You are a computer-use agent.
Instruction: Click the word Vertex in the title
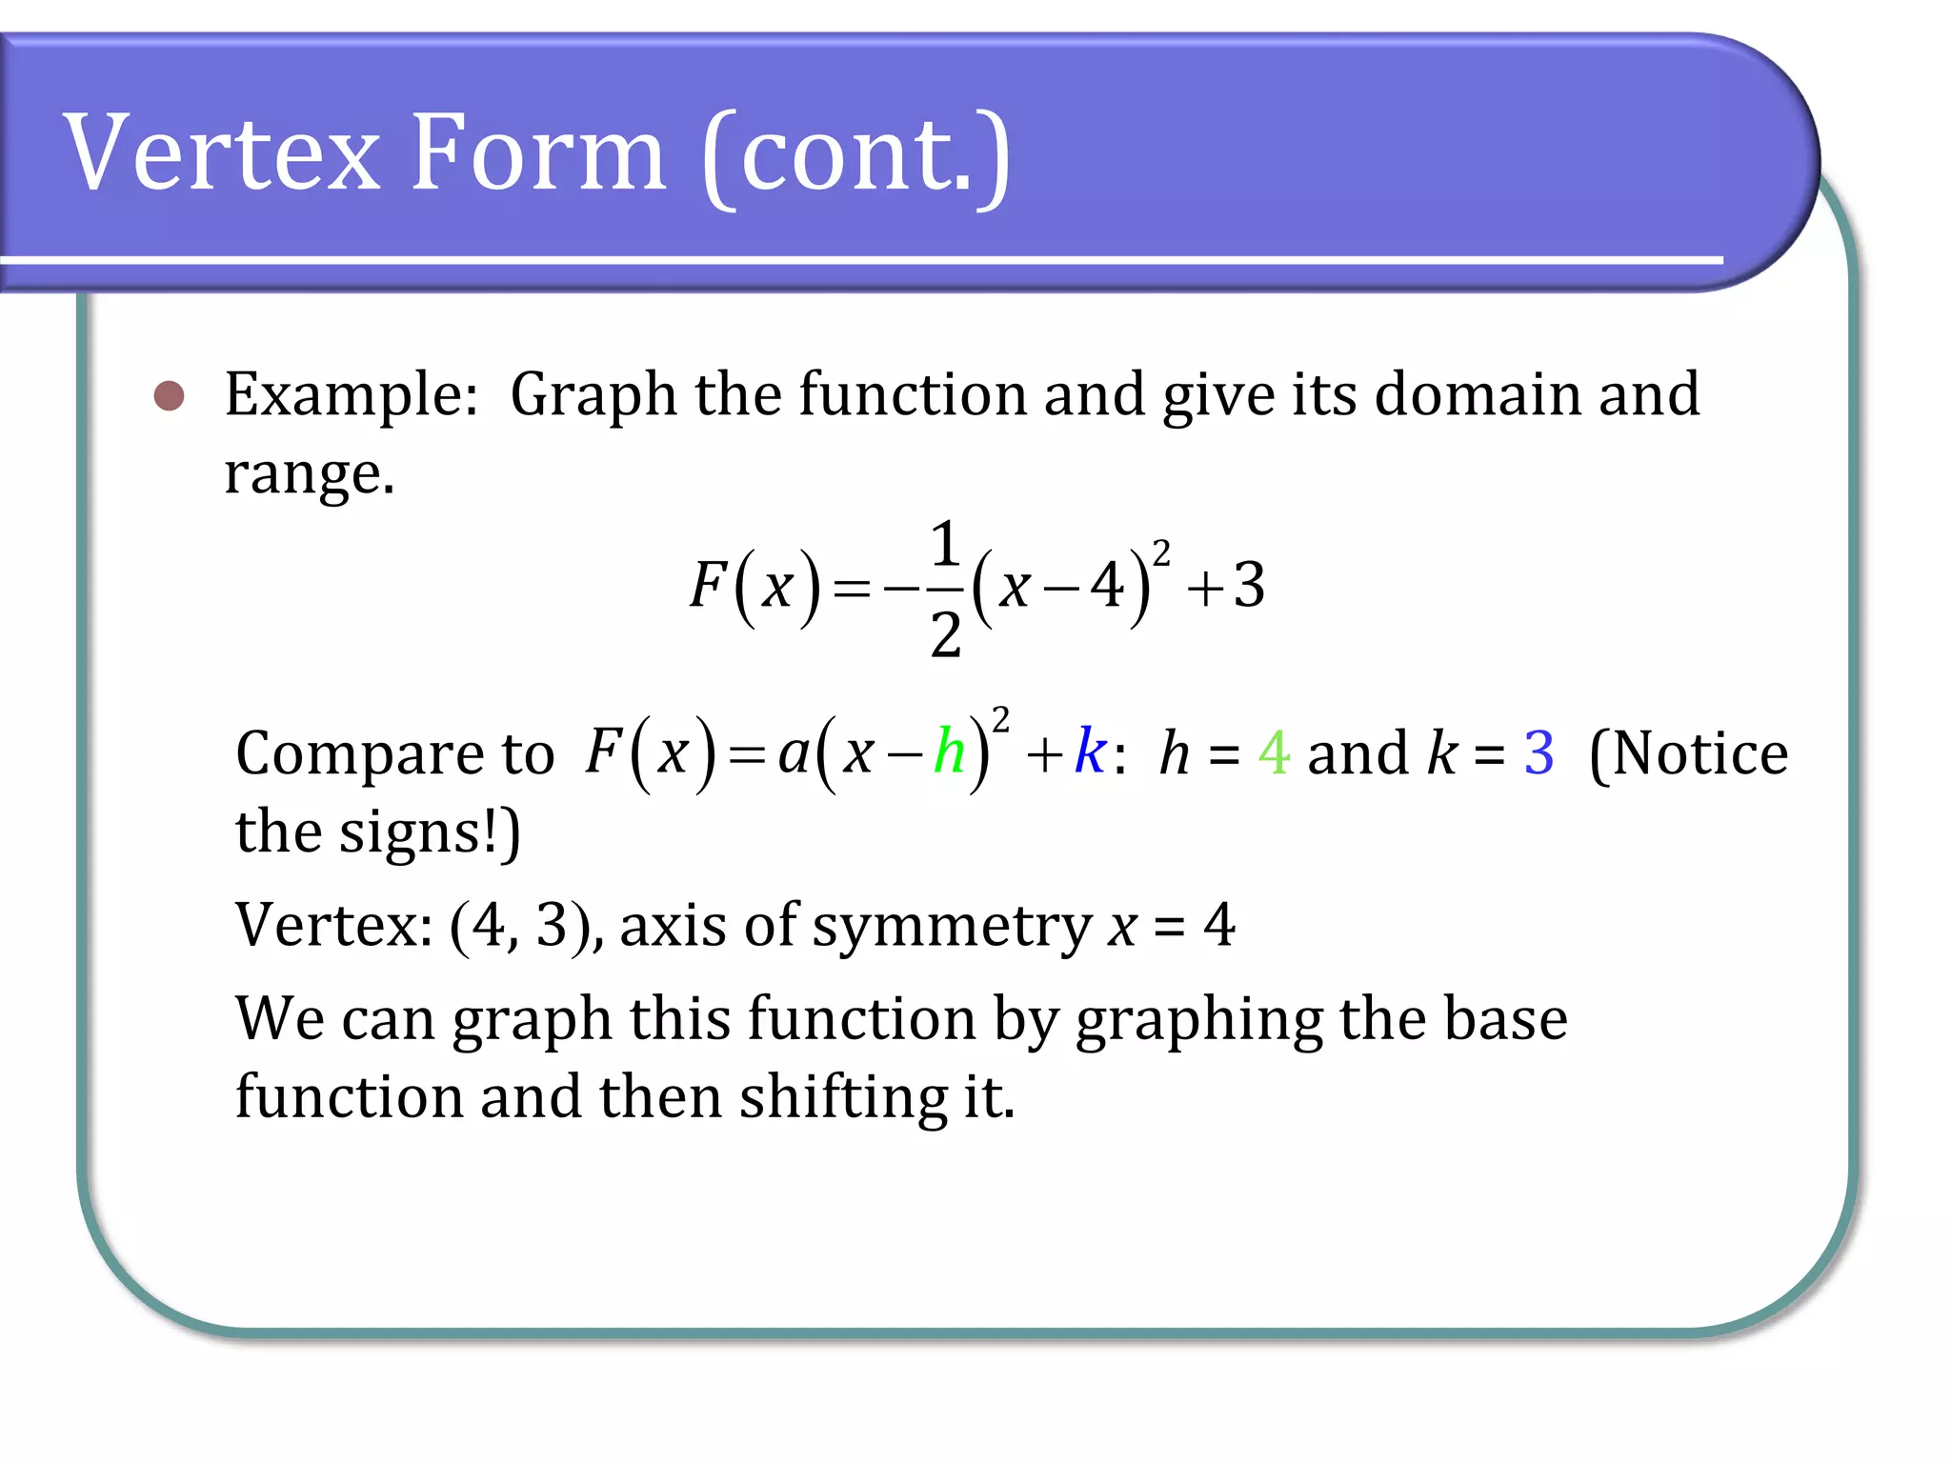(222, 153)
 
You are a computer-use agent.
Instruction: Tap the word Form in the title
(539, 153)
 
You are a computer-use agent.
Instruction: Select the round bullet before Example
(169, 395)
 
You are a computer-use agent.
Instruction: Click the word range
(308, 473)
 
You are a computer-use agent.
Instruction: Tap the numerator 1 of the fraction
(944, 544)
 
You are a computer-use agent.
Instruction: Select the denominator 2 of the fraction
(945, 634)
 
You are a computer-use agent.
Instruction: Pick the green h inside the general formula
(950, 752)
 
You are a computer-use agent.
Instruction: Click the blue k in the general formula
(1090, 752)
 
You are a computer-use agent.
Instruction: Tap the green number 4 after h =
(1274, 753)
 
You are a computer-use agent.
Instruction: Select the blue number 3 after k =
(1539, 753)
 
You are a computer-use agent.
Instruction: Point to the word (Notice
(1688, 753)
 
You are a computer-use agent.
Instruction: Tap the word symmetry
(952, 927)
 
